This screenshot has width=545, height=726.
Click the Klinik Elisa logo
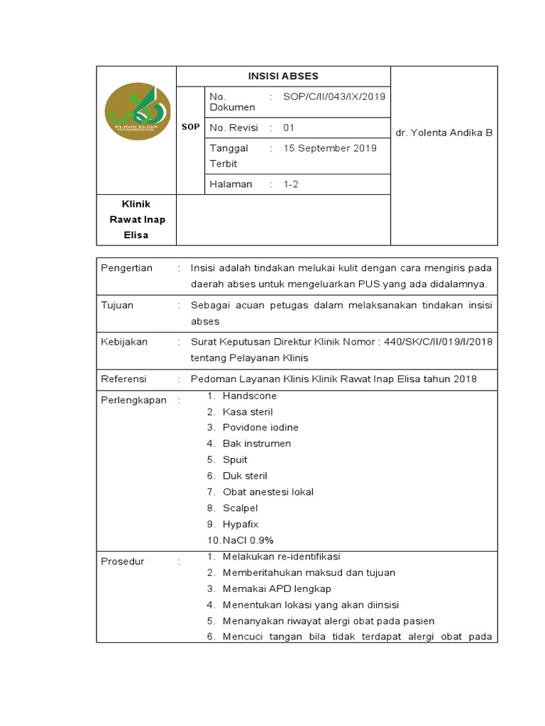[137, 111]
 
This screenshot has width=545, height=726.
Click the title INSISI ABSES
[283, 76]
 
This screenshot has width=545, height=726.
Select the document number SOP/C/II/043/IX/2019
[334, 96]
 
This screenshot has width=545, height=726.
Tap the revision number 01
[289, 128]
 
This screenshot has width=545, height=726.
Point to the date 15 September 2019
[330, 148]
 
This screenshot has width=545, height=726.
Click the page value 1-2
[292, 184]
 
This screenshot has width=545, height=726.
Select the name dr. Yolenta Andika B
[444, 133]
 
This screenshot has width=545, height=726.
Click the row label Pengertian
[127, 268]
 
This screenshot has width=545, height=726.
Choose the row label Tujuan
[117, 306]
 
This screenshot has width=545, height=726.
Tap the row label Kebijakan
[124, 342]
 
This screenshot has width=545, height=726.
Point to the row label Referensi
[124, 379]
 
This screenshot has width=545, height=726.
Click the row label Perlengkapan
[133, 400]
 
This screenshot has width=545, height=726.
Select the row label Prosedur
[123, 562]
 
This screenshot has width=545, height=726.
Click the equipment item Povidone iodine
[260, 428]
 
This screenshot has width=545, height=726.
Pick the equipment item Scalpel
[241, 508]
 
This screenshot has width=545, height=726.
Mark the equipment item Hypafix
[241, 525]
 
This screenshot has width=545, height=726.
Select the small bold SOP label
[190, 127]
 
